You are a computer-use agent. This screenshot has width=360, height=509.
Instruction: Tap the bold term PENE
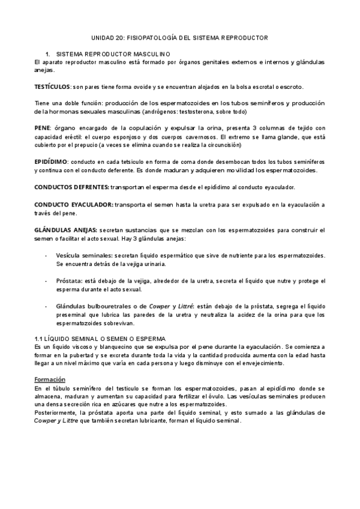[x=42, y=128]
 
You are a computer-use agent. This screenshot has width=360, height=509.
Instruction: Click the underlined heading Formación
[x=50, y=379]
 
